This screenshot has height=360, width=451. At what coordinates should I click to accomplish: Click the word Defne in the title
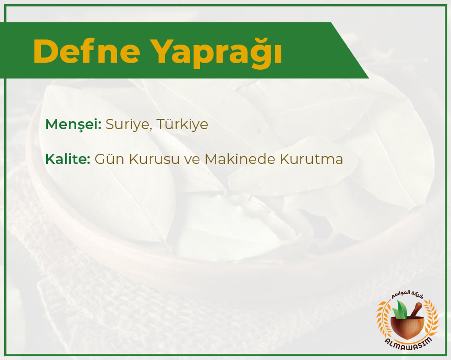(87, 51)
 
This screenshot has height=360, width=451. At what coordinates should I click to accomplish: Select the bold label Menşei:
(73, 124)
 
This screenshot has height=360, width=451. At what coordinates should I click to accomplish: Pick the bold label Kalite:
(68, 159)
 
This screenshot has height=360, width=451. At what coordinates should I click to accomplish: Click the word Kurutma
(312, 159)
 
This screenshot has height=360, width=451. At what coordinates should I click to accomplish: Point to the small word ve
(192, 160)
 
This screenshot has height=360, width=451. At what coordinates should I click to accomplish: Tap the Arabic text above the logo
(407, 294)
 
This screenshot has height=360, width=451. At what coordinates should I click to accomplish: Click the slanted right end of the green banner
(350, 51)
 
